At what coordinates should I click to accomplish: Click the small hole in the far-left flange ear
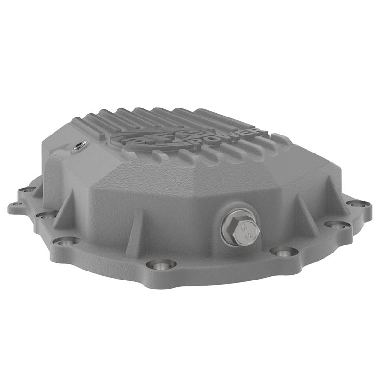click(x=17, y=205)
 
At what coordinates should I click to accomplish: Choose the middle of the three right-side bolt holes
click(x=338, y=225)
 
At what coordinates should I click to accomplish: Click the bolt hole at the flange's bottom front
click(x=161, y=264)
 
